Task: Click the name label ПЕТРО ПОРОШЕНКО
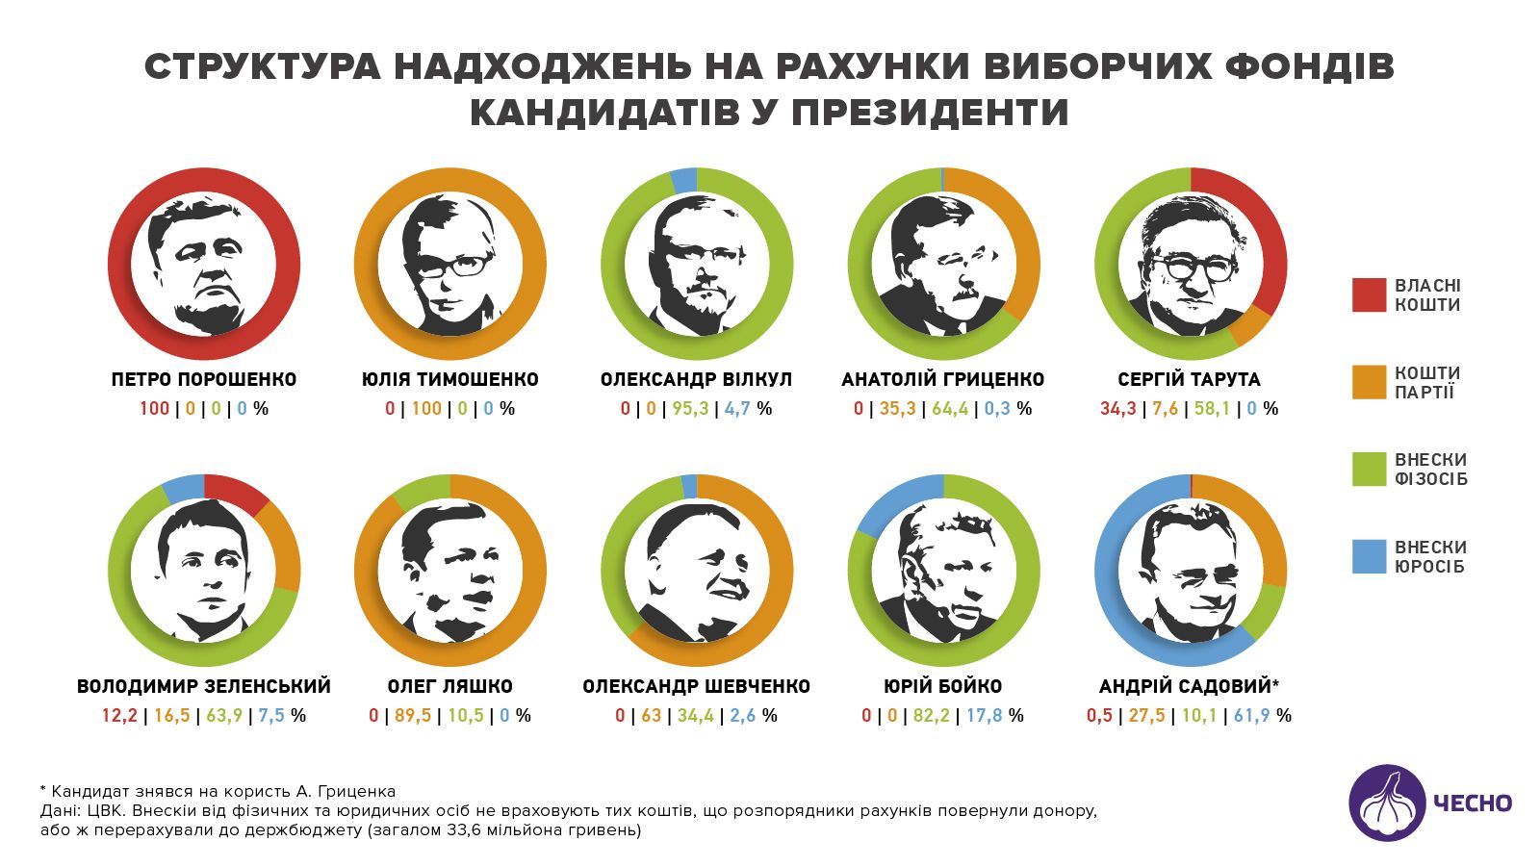pos(204,379)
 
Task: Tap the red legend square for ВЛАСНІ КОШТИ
pos(1369,295)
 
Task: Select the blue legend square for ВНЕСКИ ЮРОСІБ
pos(1369,557)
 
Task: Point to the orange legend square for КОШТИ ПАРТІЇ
pos(1369,382)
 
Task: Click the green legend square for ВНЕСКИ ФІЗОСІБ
pos(1369,470)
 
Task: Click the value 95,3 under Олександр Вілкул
pos(690,409)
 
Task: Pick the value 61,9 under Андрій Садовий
pos(1251,716)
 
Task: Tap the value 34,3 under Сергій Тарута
pos(1118,409)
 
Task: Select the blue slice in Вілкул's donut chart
pos(682,180)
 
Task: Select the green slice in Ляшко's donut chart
pos(420,490)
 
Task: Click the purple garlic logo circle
pos(1387,803)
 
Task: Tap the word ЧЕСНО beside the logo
pos(1473,803)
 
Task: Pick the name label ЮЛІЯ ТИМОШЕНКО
pos(450,379)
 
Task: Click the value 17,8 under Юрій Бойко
pos(984,716)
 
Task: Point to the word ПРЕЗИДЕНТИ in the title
pos(931,113)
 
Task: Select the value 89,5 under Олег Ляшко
pos(413,716)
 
